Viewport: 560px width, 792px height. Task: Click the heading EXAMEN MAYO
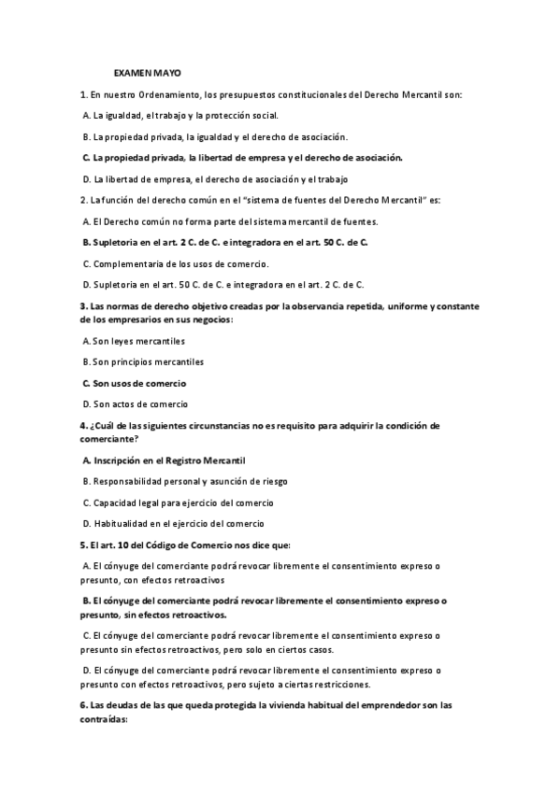coord(148,72)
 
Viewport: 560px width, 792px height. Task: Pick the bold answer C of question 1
coord(241,157)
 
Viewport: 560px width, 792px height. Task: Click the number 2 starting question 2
coord(84,200)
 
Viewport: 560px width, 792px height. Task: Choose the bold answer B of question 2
coord(224,243)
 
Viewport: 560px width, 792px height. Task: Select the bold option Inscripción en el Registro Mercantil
coord(168,460)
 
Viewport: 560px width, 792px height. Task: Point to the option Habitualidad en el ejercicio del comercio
coord(178,524)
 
